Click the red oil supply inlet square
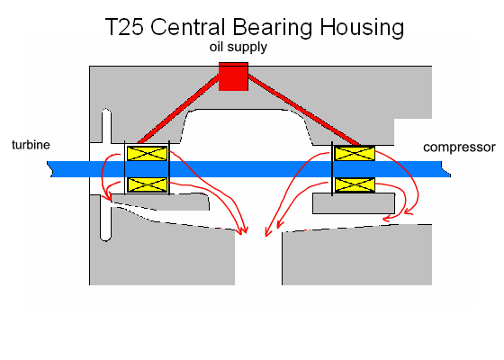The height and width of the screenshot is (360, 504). pyautogui.click(x=233, y=76)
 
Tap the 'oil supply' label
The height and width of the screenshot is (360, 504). pyautogui.click(x=238, y=47)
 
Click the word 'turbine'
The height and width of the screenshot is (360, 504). pyautogui.click(x=31, y=145)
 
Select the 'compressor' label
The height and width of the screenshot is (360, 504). pyautogui.click(x=459, y=148)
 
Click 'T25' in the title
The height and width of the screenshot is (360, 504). pyautogui.click(x=124, y=27)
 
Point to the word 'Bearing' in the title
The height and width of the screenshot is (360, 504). pyautogui.click(x=273, y=28)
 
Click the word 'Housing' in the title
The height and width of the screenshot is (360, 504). pyautogui.click(x=362, y=28)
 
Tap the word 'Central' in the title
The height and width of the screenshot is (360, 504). pyautogui.click(x=188, y=27)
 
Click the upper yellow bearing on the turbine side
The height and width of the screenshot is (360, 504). pyautogui.click(x=148, y=153)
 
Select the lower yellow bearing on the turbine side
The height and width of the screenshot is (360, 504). pyautogui.click(x=148, y=184)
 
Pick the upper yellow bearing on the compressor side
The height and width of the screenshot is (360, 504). pyautogui.click(x=355, y=153)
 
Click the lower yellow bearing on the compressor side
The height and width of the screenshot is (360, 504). pyautogui.click(x=355, y=184)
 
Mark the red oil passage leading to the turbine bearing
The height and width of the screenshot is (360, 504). pyautogui.click(x=178, y=109)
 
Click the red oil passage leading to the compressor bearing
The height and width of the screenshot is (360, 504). pyautogui.click(x=304, y=110)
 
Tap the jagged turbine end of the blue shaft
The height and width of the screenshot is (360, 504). pyautogui.click(x=49, y=169)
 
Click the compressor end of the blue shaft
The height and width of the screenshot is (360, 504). pyautogui.click(x=446, y=169)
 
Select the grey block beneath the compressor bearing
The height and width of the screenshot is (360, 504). pyautogui.click(x=354, y=203)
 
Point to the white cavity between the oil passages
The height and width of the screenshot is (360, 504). pyautogui.click(x=246, y=126)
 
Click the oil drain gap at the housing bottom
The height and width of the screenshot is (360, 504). pyautogui.click(x=258, y=257)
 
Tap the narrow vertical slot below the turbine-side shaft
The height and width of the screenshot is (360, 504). pyautogui.click(x=106, y=220)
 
